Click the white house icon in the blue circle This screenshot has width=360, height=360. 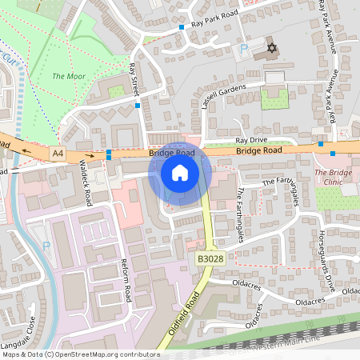(x=180, y=172)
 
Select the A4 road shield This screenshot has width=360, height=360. (x=57, y=150)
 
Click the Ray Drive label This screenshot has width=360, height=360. (x=250, y=140)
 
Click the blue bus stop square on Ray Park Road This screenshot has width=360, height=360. (x=182, y=27)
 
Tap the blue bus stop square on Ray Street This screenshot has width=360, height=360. (x=138, y=105)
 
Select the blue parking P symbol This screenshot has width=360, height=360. (x=243, y=49)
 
